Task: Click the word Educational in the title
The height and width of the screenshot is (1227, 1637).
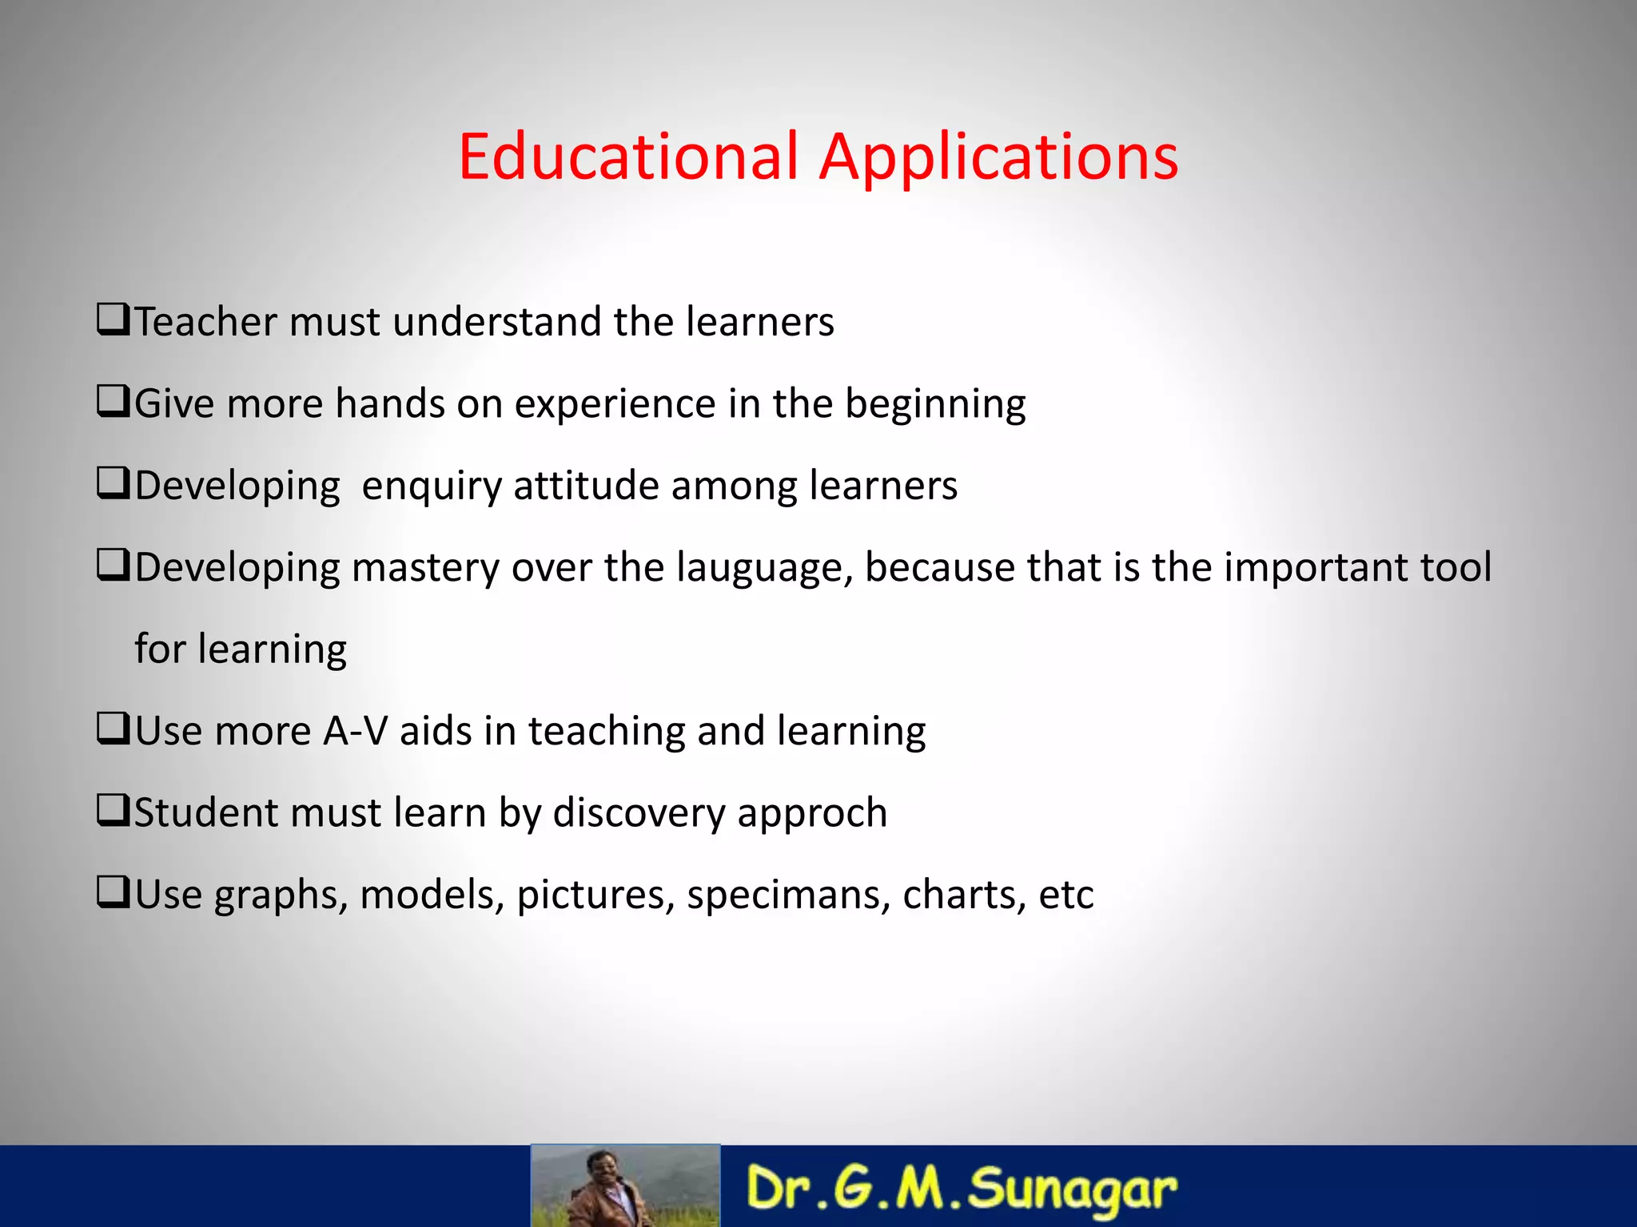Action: (x=628, y=156)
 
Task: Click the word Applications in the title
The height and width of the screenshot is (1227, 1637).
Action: (x=999, y=157)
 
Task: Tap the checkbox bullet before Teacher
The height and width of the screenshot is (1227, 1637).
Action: (x=113, y=320)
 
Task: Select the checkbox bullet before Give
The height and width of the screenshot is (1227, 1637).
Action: (x=113, y=402)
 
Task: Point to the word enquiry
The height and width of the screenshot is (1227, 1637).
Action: (x=431, y=486)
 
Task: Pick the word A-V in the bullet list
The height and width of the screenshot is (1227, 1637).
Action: (x=355, y=731)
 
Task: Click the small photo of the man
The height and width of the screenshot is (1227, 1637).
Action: (x=625, y=1185)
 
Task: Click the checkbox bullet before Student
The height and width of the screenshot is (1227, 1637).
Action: (x=113, y=811)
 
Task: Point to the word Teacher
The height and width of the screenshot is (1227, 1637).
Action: (x=205, y=322)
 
